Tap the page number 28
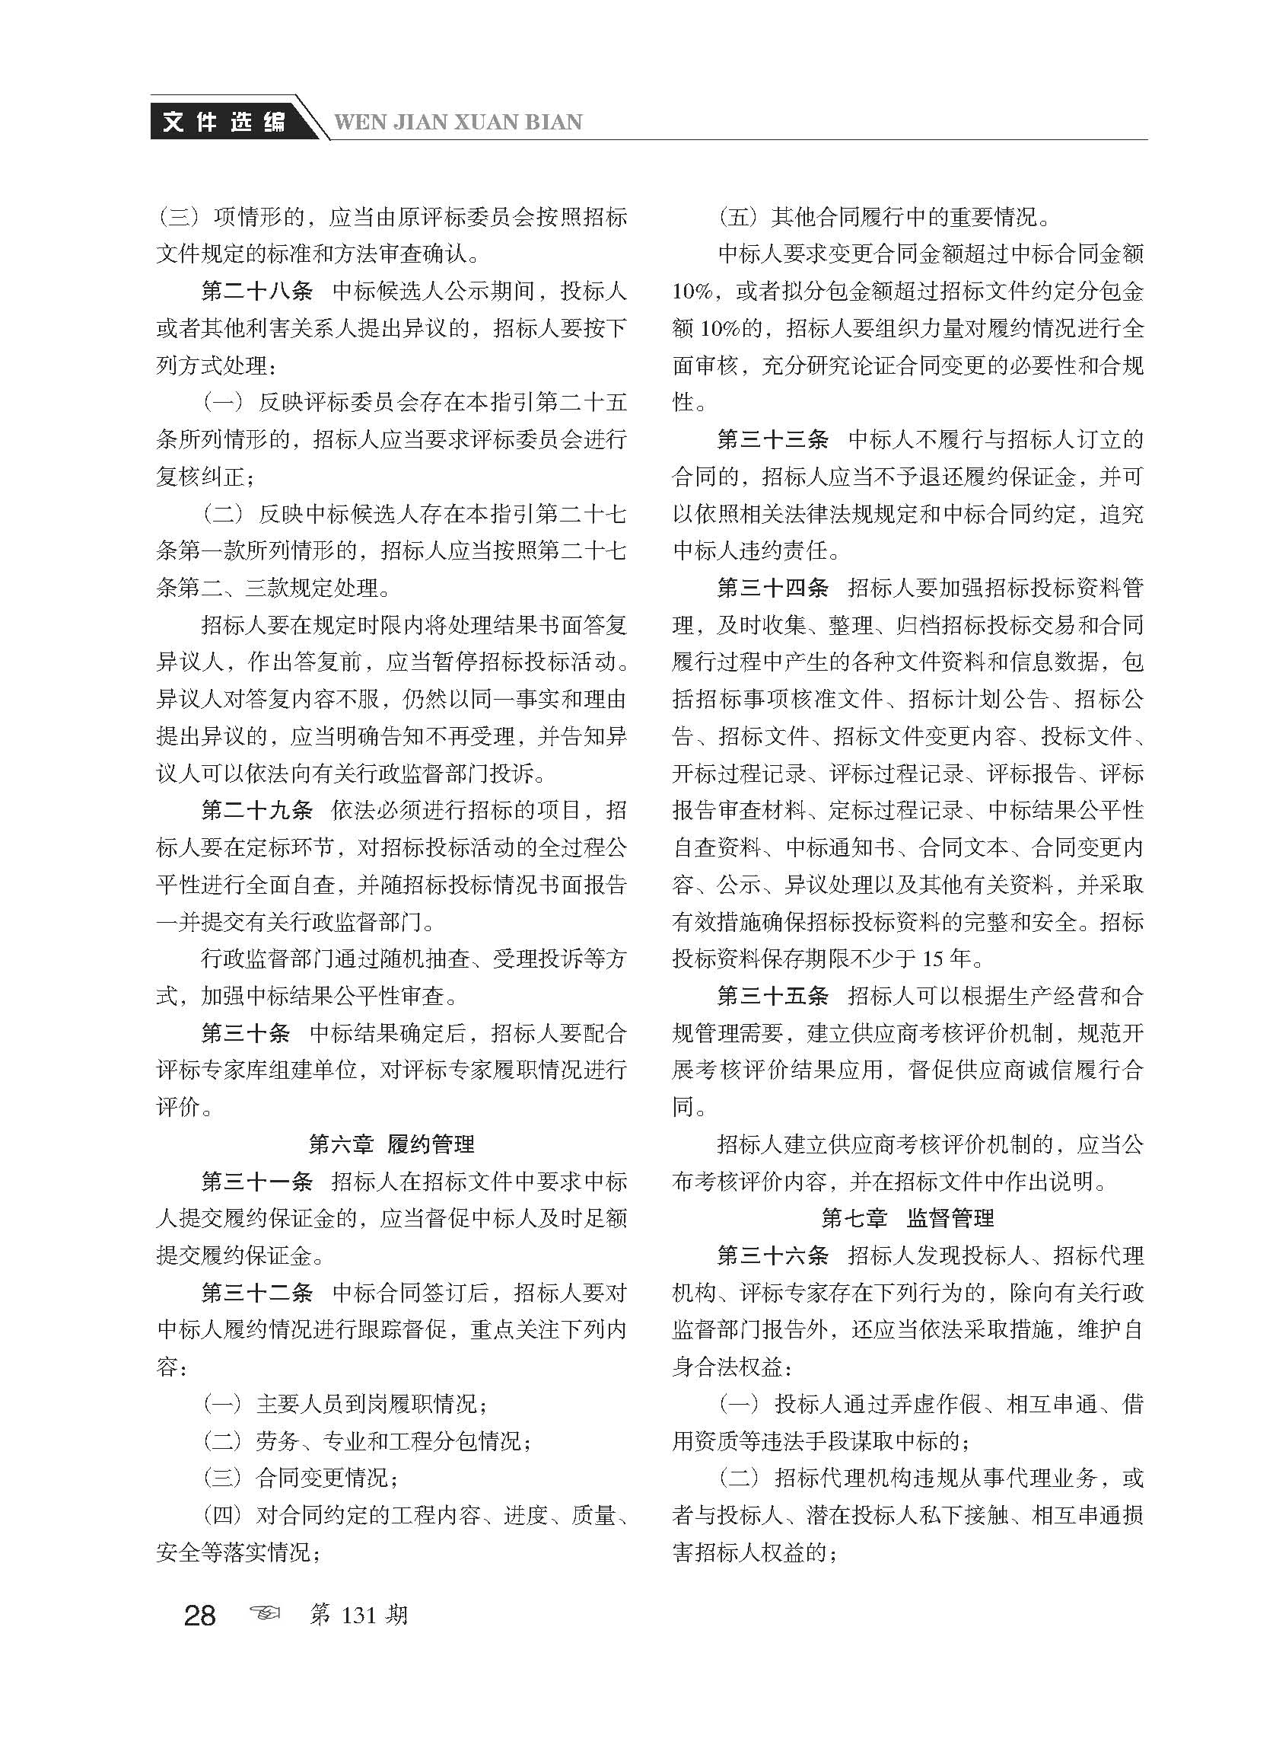(200, 1614)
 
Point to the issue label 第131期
(358, 1614)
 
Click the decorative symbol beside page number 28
(265, 1614)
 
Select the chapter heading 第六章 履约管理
(392, 1144)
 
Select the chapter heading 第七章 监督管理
(908, 1218)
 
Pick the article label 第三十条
(246, 1032)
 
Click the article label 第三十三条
(772, 440)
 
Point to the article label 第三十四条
(772, 588)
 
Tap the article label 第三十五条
(772, 995)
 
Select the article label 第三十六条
(772, 1255)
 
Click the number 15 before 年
(932, 959)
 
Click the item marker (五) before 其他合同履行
(739, 217)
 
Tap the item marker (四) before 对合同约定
(222, 1515)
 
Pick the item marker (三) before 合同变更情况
(222, 1478)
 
